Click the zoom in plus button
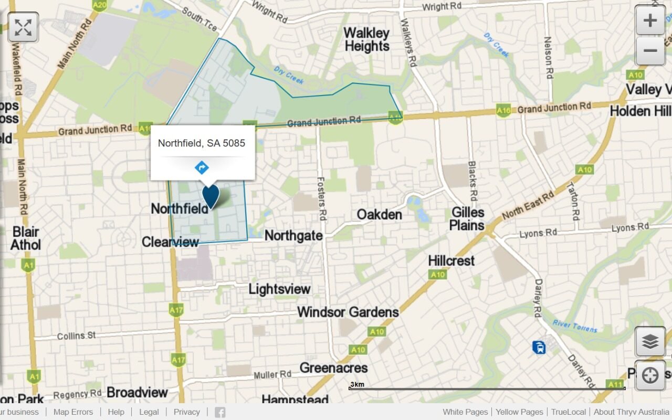point(650,21)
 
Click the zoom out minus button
point(650,51)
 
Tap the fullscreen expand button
point(23,27)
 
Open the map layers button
point(650,342)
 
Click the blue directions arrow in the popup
point(202,168)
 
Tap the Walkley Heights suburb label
point(366,40)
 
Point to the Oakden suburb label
point(379,215)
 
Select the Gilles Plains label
point(467,219)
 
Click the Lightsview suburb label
point(279,289)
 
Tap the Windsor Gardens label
point(348,312)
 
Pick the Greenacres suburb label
point(333,368)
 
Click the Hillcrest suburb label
point(451,261)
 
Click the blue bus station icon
point(538,347)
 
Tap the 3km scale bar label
point(357,385)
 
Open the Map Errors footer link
point(73,412)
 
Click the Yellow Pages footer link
point(519,412)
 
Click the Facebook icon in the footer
point(220,412)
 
